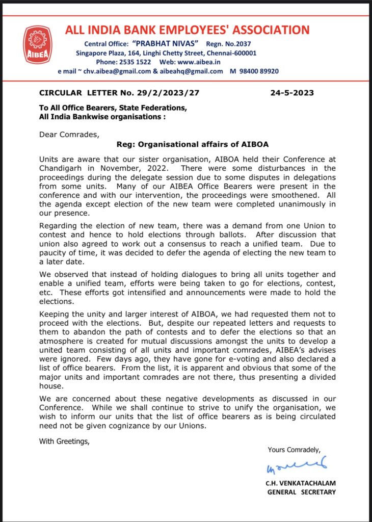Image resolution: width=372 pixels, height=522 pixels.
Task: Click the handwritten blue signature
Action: pos(294,467)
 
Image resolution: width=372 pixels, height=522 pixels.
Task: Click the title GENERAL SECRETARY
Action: pos(302,492)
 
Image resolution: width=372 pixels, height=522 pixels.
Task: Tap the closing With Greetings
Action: pos(64,441)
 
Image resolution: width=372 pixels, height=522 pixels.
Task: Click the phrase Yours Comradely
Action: pos(294,450)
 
